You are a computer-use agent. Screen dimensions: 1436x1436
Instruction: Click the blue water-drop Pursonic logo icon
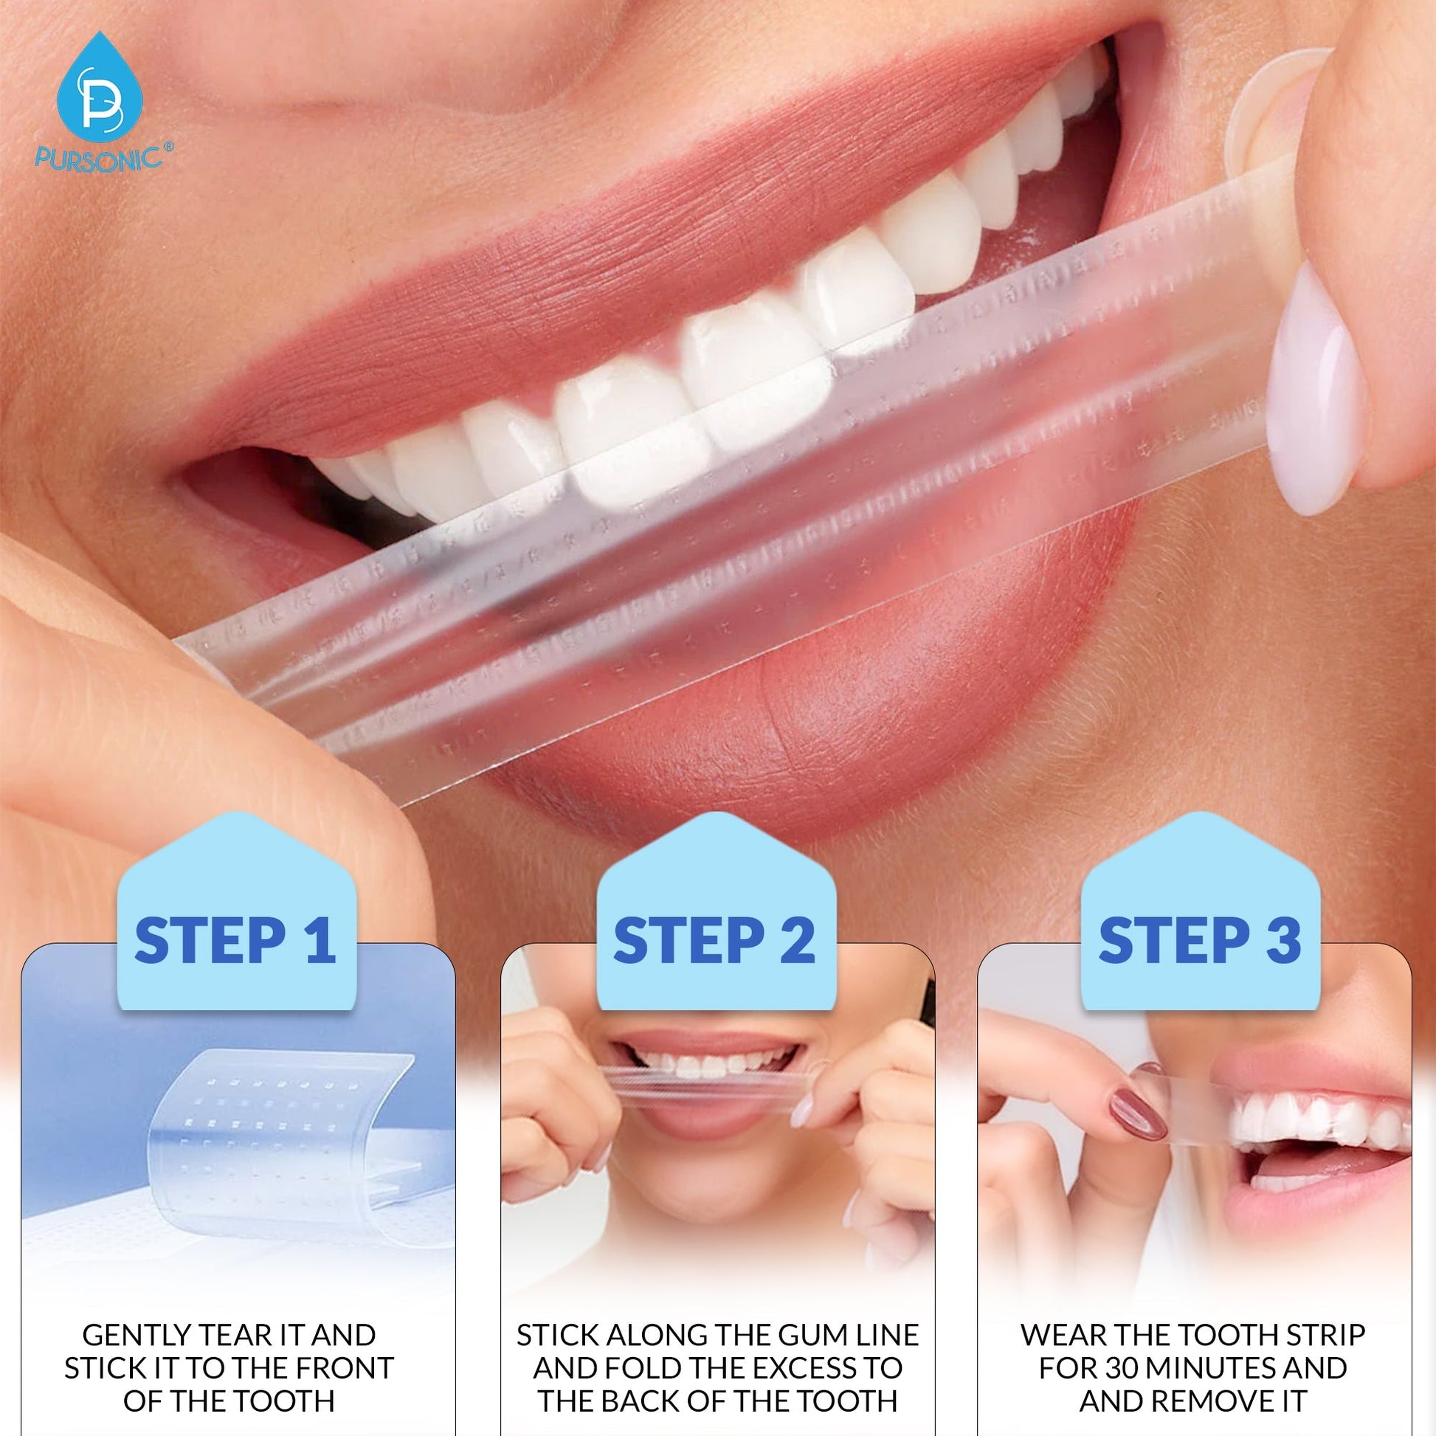tap(99, 88)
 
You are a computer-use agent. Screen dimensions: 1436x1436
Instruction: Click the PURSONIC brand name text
tap(99, 159)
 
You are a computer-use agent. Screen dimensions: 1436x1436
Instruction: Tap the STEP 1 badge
tap(235, 940)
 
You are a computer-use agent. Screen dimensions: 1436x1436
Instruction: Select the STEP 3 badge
tap(1200, 940)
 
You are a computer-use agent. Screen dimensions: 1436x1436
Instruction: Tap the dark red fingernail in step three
tap(1138, 1113)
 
